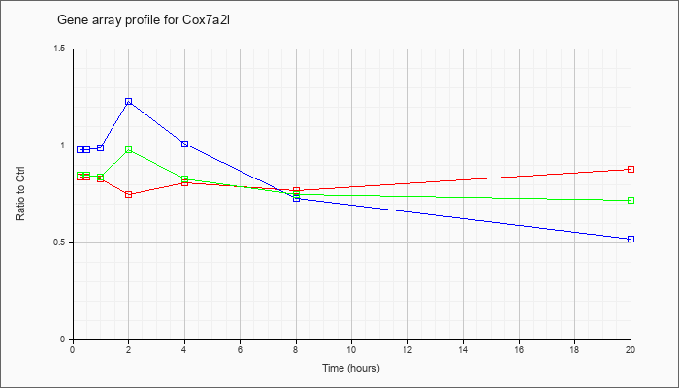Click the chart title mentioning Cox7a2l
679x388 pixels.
pyautogui.click(x=144, y=20)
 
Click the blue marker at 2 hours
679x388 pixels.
pyautogui.click(x=129, y=101)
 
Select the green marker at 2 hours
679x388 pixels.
pyautogui.click(x=129, y=149)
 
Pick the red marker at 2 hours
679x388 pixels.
pyautogui.click(x=129, y=194)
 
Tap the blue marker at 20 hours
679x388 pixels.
pyautogui.click(x=630, y=239)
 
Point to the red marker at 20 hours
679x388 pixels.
pyautogui.click(x=630, y=170)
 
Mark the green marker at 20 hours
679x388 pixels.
pyautogui.click(x=630, y=201)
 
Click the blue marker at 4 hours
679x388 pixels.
pyautogui.click(x=185, y=144)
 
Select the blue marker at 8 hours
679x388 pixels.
pyautogui.click(x=297, y=198)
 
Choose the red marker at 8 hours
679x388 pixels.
pyautogui.click(x=297, y=190)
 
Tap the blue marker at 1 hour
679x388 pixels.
pyautogui.click(x=101, y=147)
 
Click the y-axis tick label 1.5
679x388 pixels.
pyautogui.click(x=60, y=48)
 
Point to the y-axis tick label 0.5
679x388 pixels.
pyautogui.click(x=60, y=242)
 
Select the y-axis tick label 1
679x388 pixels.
pyautogui.click(x=64, y=145)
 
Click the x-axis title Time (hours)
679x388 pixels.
pyautogui.click(x=351, y=368)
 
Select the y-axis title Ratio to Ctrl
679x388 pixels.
pyautogui.click(x=20, y=194)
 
